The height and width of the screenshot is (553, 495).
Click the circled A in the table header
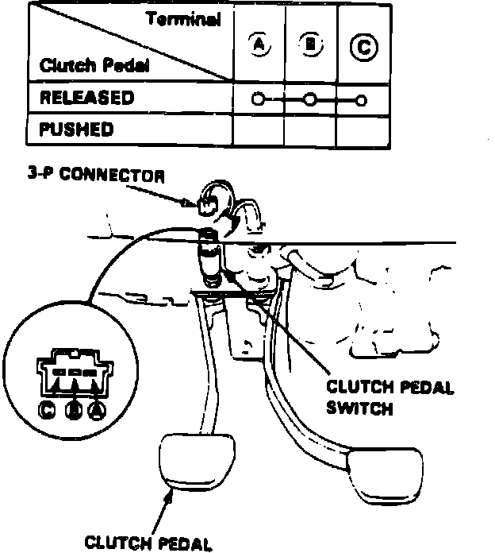tap(258, 45)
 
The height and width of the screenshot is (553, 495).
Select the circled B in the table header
tap(310, 45)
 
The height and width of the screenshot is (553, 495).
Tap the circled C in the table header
tap(363, 47)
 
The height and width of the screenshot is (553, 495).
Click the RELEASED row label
tap(86, 99)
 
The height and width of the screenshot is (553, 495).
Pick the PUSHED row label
tap(76, 128)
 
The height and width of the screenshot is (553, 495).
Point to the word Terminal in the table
tap(183, 20)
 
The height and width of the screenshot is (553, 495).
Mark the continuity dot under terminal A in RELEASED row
tap(256, 99)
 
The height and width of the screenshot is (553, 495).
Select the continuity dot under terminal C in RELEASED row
tap(362, 100)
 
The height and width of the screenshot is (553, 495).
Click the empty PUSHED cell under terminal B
tap(310, 129)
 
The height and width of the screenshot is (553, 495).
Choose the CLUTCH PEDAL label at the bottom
tap(148, 543)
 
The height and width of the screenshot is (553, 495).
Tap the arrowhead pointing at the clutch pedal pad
tap(169, 497)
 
